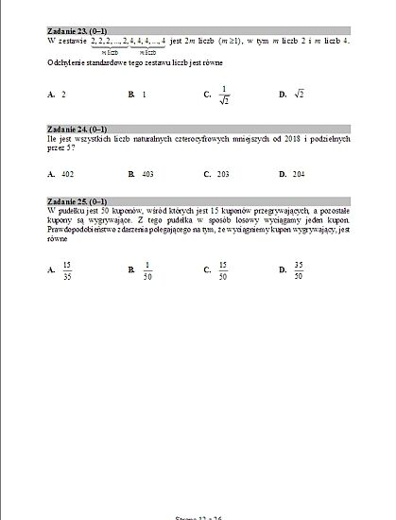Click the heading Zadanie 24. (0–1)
click(x=77, y=128)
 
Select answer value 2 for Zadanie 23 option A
click(x=63, y=95)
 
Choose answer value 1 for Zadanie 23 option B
click(x=144, y=95)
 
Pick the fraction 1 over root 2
click(x=224, y=95)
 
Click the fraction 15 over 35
click(x=66, y=270)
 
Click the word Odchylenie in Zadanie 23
click(x=65, y=62)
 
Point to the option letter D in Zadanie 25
click(x=283, y=270)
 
